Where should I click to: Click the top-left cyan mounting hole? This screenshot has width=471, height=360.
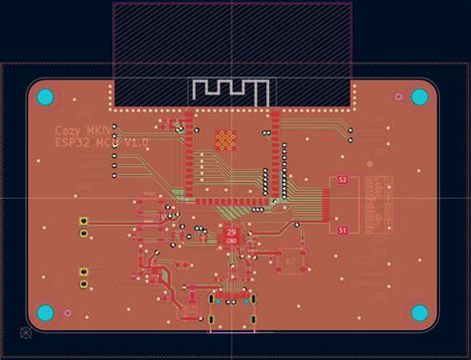pyautogui.click(x=46, y=97)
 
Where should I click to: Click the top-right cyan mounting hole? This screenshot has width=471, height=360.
pyautogui.click(x=419, y=97)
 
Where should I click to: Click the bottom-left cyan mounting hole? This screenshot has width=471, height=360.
pyautogui.click(x=46, y=313)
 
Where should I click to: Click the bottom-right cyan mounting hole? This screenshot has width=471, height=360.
pyautogui.click(x=419, y=313)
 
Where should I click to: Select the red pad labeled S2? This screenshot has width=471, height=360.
pyautogui.click(x=342, y=180)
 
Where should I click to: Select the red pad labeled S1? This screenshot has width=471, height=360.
pyautogui.click(x=342, y=230)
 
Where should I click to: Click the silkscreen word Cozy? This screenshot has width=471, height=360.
pyautogui.click(x=69, y=131)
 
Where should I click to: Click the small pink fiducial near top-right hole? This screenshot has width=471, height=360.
pyautogui.click(x=397, y=96)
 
